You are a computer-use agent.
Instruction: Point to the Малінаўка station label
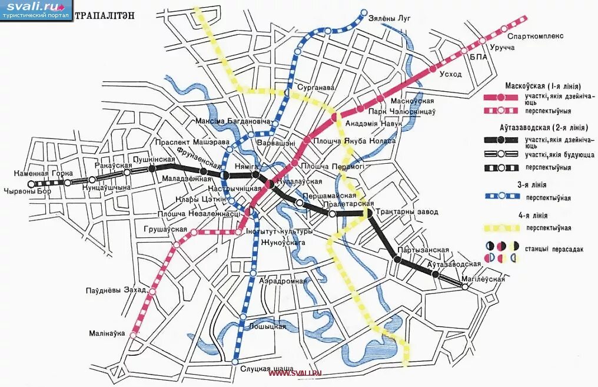108,333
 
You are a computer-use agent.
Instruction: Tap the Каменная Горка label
45,173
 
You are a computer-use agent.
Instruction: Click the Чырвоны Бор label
28,190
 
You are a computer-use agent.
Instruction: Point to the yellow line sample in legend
500,227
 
